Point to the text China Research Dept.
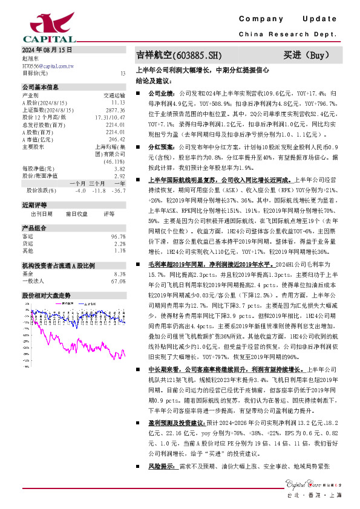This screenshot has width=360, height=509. click(x=287, y=34)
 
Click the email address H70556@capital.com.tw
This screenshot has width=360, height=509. click(x=48, y=65)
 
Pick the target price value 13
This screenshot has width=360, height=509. click(x=123, y=73)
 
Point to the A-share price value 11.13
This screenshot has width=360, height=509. click(x=118, y=103)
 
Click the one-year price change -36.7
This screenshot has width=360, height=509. click(x=119, y=190)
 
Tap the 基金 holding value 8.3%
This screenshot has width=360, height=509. click(x=119, y=274)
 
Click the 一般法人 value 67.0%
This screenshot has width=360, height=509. click(x=118, y=281)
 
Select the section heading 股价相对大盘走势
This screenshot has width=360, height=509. click(x=47, y=295)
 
